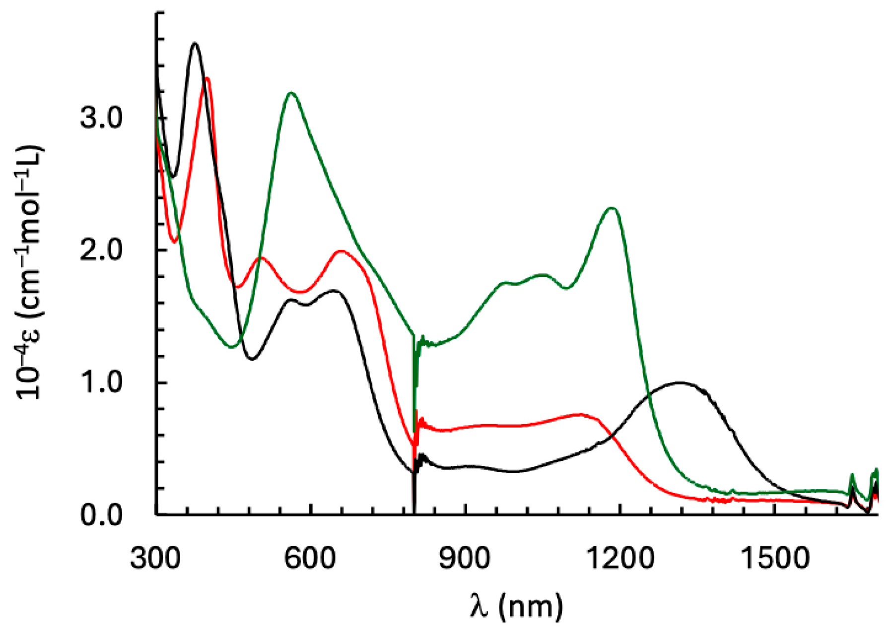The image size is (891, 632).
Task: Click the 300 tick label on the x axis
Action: (x=155, y=559)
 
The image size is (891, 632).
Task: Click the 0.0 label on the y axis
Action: (x=101, y=515)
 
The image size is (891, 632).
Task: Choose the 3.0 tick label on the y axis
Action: (x=101, y=119)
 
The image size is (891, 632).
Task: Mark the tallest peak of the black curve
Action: (x=195, y=44)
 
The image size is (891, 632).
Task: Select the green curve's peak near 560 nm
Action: (x=291, y=93)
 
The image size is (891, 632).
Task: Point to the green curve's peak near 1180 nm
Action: (x=612, y=208)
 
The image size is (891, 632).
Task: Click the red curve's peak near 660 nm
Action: (x=341, y=251)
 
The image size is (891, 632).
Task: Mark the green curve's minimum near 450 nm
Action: (x=231, y=347)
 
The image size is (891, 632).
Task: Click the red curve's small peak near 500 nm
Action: (x=261, y=257)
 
